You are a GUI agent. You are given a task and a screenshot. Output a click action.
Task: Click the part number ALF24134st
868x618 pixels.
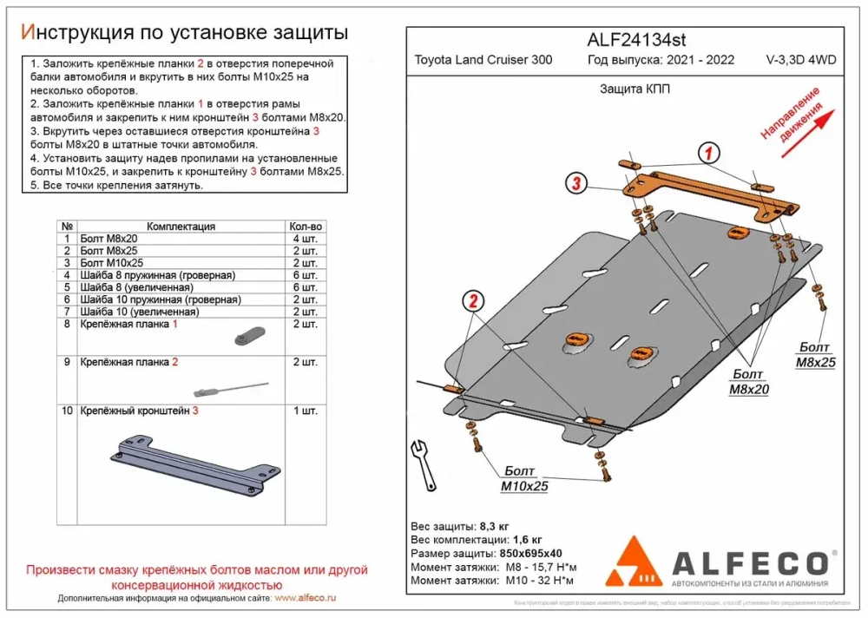coord(636,38)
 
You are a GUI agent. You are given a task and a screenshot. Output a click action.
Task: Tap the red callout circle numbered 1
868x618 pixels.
coord(708,154)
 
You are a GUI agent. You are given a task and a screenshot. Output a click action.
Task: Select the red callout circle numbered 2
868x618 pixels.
coord(473,302)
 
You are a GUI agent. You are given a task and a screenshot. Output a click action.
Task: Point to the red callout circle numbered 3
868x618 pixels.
coord(575,182)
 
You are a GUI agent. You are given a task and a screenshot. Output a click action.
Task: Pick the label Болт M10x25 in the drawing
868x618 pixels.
coord(524,479)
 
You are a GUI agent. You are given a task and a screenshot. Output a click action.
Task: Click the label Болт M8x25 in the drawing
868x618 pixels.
coord(815,354)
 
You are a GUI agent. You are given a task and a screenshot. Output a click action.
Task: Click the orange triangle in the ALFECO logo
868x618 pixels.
coord(635,562)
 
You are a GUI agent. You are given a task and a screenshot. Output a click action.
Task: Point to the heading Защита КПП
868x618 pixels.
coord(634,89)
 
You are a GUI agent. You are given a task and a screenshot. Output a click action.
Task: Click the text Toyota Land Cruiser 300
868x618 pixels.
coord(483,60)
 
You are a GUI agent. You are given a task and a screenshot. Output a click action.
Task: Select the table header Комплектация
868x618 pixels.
coord(181,226)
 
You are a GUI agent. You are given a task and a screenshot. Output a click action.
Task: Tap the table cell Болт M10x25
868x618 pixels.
coord(111,262)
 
